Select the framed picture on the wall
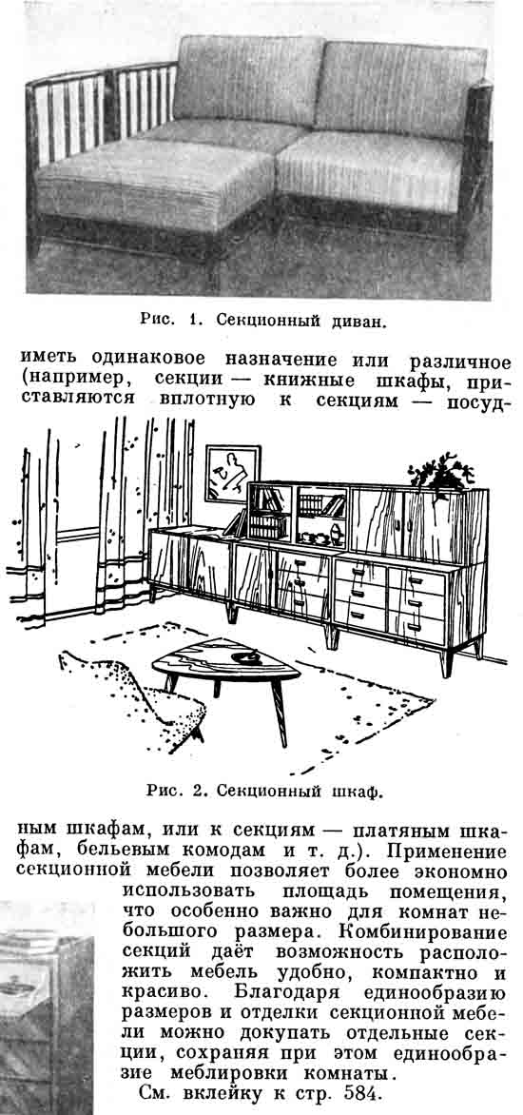(232, 473)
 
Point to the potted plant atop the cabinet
(440, 472)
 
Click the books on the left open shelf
(268, 512)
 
